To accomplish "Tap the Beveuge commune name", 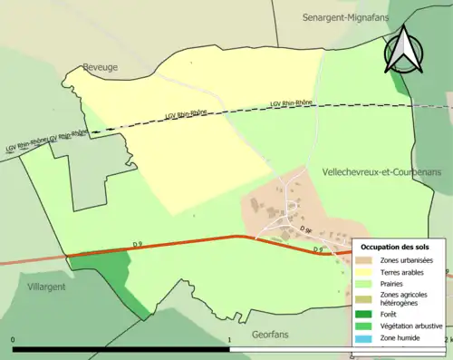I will [101, 66].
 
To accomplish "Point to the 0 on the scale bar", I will [13, 340].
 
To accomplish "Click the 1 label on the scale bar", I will [229, 340].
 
